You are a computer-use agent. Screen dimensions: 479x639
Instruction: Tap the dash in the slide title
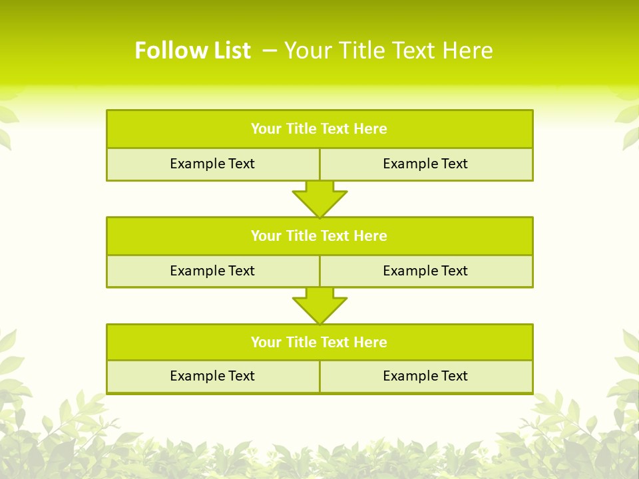270,49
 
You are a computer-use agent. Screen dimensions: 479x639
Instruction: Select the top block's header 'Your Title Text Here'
319,129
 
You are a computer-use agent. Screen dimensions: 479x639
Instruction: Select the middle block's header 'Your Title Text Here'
319,236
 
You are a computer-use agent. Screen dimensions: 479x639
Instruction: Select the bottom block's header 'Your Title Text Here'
319,343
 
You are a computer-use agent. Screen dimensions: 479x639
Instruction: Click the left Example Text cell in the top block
212,164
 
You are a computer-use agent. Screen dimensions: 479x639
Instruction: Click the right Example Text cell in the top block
425,164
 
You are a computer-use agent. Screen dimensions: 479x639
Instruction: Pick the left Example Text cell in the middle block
212,271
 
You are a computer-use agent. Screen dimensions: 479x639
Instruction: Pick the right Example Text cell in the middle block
425,271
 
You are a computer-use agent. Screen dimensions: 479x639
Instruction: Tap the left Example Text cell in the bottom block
212,377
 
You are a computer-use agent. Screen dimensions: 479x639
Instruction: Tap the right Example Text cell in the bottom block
425,377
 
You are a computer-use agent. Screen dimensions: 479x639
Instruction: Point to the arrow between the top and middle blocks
319,199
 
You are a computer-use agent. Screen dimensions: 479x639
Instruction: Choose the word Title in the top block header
302,129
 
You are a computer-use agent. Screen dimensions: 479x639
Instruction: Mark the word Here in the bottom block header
371,343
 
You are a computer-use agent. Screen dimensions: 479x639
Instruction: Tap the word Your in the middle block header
266,236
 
